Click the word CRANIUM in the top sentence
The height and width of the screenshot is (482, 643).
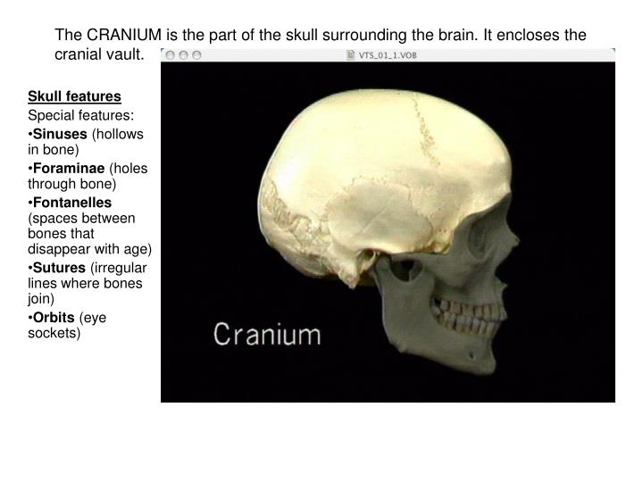point(123,35)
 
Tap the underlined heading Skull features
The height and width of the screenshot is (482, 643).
point(74,96)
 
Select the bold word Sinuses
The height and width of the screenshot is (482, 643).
point(60,133)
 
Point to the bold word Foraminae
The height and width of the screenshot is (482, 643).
point(67,169)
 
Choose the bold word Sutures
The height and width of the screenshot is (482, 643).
point(59,268)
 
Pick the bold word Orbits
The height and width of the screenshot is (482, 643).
point(55,318)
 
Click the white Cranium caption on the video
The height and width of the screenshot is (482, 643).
point(267,336)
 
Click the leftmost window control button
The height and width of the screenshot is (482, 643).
point(169,54)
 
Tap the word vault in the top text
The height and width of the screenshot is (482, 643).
point(124,54)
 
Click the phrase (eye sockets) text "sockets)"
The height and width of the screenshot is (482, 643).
point(54,333)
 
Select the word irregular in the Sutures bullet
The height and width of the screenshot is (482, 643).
point(121,268)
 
